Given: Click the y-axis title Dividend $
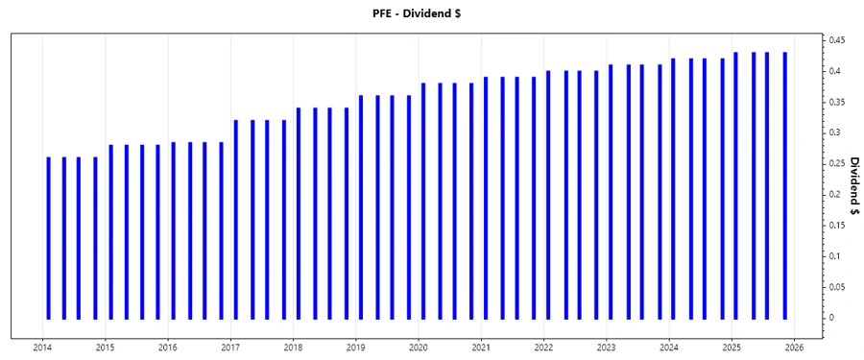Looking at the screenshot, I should tap(853, 186).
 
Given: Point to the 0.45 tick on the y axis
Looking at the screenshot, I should tap(837, 40).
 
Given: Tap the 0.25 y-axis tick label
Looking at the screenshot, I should tap(837, 163).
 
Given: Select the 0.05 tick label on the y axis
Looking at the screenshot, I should tap(837, 287).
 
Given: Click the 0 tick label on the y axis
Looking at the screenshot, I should tap(830, 318).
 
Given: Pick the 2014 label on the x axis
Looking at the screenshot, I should tap(42, 348).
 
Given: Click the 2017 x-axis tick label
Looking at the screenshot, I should tap(230, 348).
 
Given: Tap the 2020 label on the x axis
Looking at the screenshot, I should tap(419, 348).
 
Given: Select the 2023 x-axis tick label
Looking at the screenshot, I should tap(606, 348).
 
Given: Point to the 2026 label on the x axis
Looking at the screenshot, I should tap(794, 348).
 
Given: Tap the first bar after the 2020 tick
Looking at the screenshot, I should tap(423, 201).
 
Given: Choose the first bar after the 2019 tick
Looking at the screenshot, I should tap(361, 206).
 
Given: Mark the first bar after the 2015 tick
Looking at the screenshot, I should tap(110, 231).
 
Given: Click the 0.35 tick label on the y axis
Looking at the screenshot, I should tap(837, 102).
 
